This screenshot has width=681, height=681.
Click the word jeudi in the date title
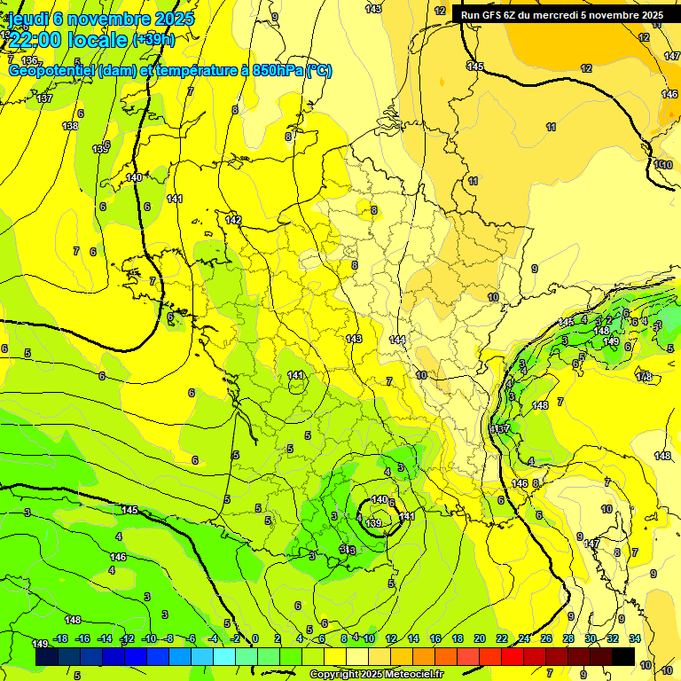click(27, 19)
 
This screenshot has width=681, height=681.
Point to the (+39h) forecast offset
click(153, 40)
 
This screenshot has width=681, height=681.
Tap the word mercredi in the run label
click(568, 15)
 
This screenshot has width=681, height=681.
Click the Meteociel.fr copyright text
click(376, 675)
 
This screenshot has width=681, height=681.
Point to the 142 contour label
click(233, 220)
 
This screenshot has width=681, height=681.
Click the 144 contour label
click(397, 340)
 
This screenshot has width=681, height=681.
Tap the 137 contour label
click(45, 98)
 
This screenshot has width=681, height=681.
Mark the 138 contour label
click(70, 127)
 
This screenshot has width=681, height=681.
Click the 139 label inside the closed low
click(373, 523)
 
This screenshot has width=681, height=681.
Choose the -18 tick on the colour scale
click(60, 638)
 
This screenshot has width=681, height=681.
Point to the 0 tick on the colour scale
click(254, 638)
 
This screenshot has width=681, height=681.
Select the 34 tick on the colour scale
click(634, 638)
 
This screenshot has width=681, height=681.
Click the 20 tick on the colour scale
click(480, 638)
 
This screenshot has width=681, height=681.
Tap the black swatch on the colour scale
click(622, 656)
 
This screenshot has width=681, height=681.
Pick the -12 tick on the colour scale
click(127, 638)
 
